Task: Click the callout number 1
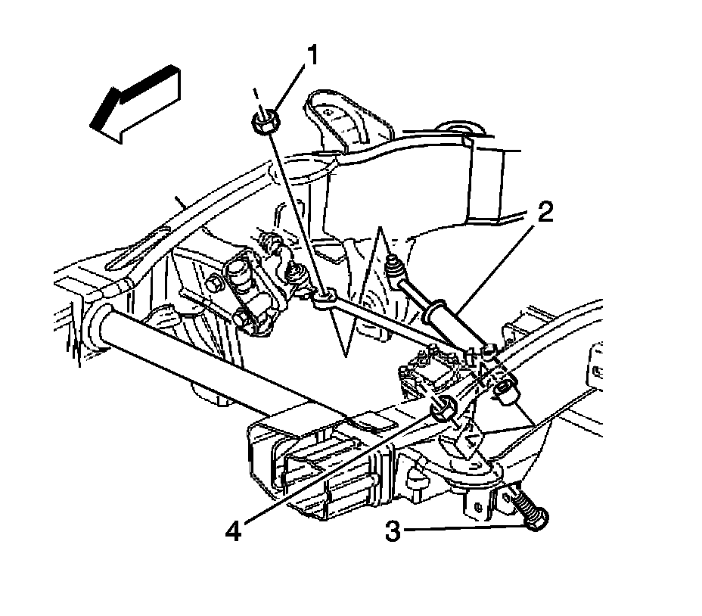(312, 55)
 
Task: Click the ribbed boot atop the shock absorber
(394, 268)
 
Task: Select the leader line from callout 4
(340, 469)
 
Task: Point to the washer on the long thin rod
(323, 300)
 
